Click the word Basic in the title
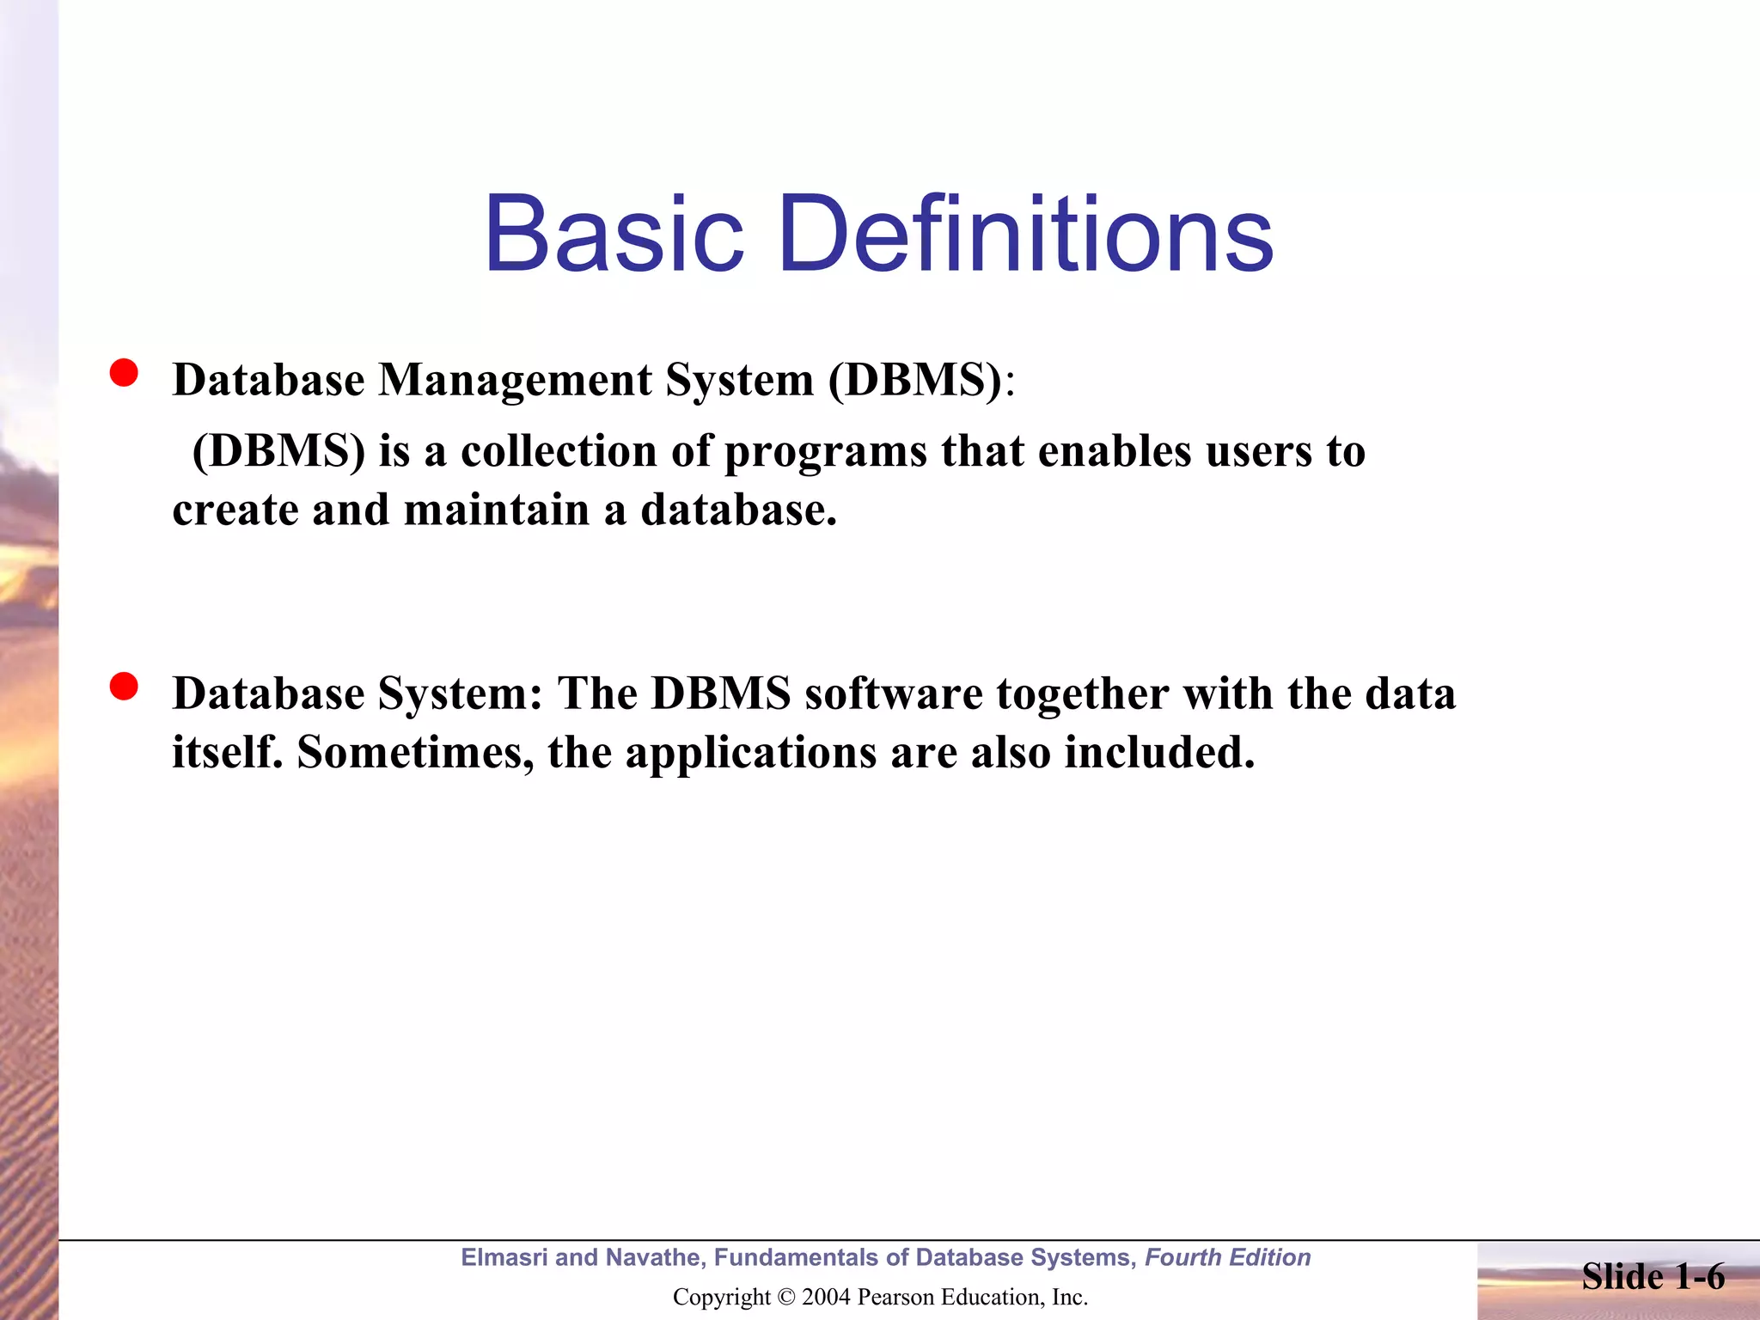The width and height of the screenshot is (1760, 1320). coord(613,234)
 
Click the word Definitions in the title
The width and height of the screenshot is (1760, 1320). coord(1025,234)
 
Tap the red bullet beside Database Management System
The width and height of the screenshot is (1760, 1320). coord(124,374)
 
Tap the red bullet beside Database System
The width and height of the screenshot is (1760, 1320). coord(124,687)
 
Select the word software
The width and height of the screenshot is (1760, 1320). coord(894,694)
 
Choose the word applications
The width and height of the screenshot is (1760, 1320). coord(750,754)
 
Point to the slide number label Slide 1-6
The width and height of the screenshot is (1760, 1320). coord(1653,1277)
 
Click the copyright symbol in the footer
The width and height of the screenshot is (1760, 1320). coord(785,1297)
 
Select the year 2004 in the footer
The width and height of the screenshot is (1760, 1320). coord(826,1297)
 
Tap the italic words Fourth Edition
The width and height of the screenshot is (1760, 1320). coord(1227,1257)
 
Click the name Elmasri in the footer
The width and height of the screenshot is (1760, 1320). coord(504,1257)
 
